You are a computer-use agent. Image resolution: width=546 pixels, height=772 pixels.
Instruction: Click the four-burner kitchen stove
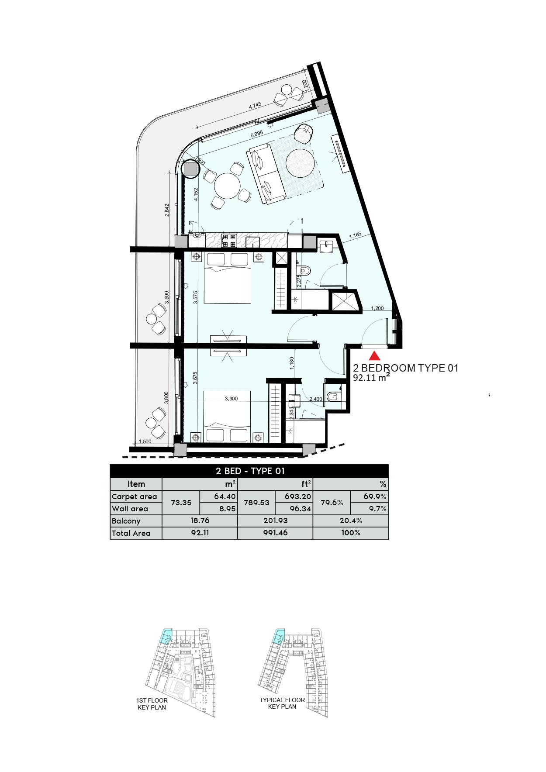[228, 241]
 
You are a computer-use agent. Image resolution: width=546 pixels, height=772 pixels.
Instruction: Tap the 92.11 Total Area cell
[199, 533]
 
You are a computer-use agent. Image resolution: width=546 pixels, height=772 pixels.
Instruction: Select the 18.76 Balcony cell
[199, 520]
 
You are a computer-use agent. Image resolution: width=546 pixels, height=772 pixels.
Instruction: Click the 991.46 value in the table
[275, 533]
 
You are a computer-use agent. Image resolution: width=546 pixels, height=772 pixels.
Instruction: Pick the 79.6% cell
[332, 503]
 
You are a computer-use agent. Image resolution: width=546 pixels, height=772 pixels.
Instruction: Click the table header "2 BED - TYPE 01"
[249, 471]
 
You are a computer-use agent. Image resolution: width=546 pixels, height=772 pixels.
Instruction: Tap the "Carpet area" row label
[135, 496]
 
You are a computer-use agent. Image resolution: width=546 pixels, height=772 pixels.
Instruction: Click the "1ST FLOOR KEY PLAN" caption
[152, 704]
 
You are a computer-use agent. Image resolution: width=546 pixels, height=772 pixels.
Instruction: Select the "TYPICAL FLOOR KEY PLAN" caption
[282, 703]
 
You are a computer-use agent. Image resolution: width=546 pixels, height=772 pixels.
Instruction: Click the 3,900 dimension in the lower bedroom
[231, 399]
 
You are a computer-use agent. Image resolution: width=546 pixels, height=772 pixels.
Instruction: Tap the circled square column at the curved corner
[190, 169]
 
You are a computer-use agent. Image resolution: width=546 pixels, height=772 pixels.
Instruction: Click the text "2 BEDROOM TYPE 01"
[405, 368]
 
